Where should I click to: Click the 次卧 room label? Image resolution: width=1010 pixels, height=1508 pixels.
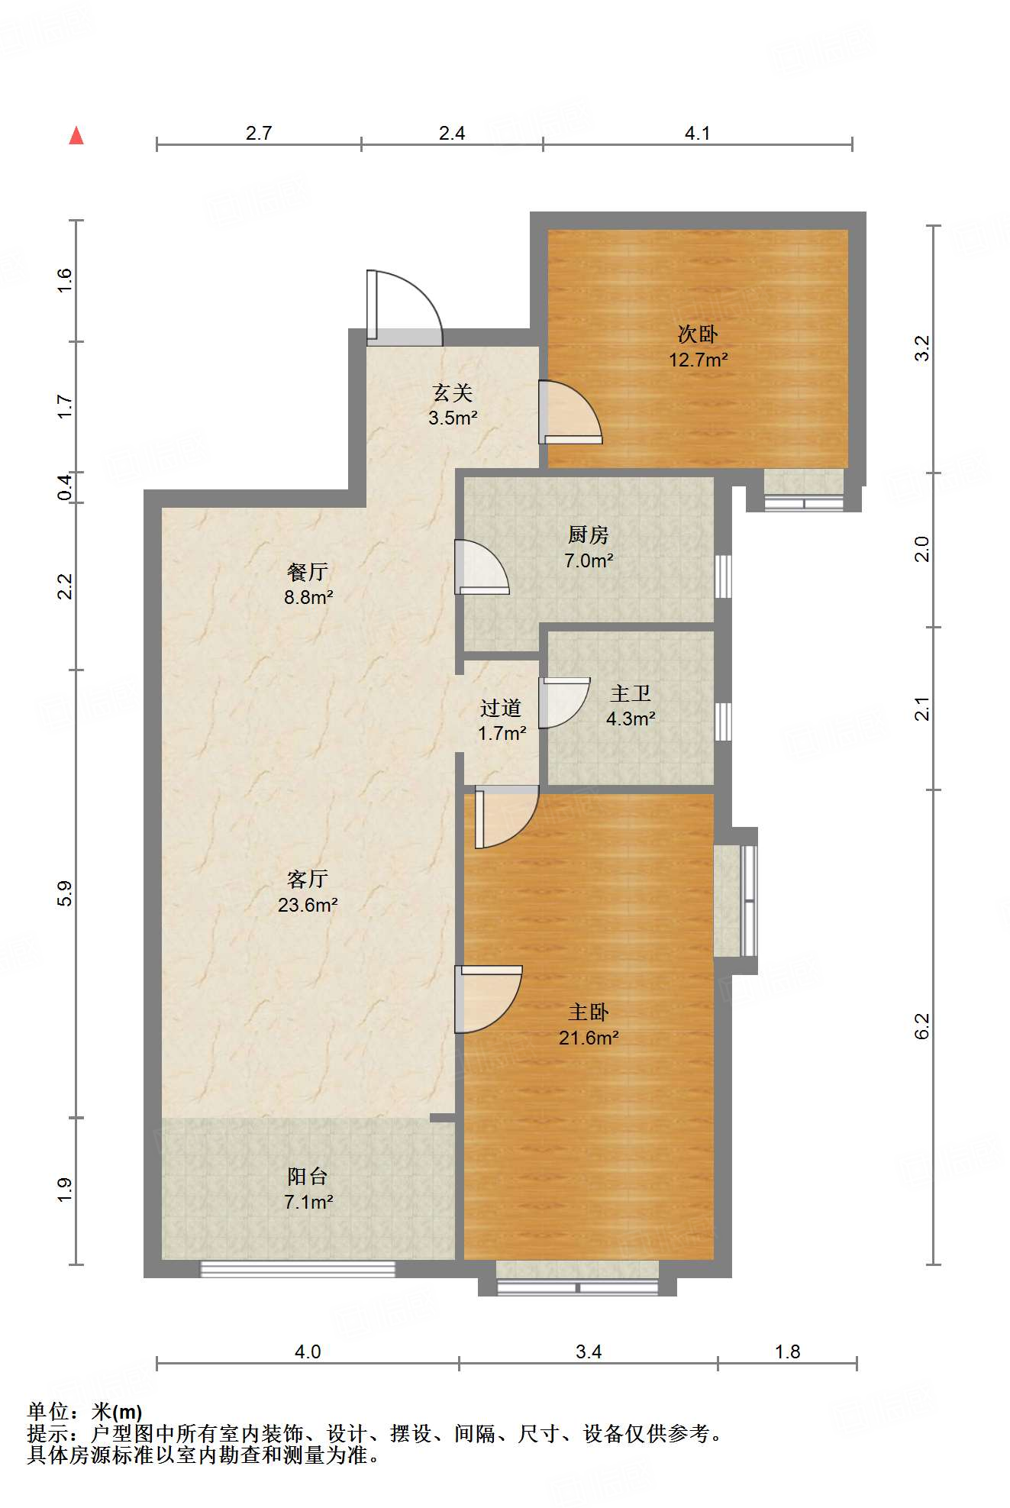(698, 334)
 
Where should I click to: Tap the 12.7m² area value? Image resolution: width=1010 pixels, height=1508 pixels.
(699, 360)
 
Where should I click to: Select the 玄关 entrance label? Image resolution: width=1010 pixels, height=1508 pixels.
(453, 393)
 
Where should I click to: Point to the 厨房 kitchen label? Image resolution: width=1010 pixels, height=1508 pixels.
(588, 535)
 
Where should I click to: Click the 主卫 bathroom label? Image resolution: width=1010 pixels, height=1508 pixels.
(631, 693)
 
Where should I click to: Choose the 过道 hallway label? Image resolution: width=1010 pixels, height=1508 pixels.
(501, 709)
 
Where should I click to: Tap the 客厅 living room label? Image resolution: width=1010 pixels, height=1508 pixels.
(308, 880)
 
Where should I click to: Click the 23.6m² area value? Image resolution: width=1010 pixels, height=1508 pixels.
(308, 906)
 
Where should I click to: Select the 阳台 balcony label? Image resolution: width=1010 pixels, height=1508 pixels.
(308, 1177)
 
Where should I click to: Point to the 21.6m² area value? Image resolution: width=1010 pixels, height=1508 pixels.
(589, 1038)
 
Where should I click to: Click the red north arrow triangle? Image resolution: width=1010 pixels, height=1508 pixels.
(76, 135)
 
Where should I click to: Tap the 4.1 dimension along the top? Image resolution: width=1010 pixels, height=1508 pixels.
(697, 134)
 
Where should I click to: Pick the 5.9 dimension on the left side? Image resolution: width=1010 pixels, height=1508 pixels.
(65, 893)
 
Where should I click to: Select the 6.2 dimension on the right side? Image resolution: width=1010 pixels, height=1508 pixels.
(922, 1026)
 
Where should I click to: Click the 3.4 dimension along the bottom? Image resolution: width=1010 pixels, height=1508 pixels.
(589, 1352)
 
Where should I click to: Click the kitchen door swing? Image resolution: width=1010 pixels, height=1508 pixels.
(481, 567)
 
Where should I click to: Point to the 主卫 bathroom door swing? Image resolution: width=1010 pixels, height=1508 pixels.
(564, 702)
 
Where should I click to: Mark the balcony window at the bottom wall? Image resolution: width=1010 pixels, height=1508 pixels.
(298, 1270)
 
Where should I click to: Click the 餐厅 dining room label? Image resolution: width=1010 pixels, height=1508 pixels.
(308, 572)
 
